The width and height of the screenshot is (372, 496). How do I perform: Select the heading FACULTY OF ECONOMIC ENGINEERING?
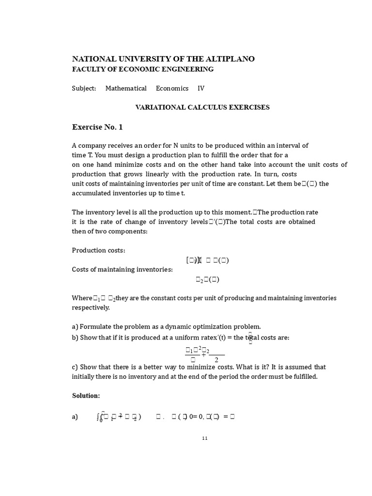[x=143, y=69]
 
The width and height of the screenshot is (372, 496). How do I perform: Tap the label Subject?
[x=84, y=88]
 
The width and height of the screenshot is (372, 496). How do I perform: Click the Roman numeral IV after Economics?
[x=201, y=88]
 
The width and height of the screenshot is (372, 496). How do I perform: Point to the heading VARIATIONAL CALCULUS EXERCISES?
[x=202, y=107]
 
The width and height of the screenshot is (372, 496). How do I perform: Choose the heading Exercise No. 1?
[x=97, y=127]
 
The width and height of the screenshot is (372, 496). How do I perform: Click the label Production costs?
[x=98, y=250]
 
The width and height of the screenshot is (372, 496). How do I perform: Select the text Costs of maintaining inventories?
[x=122, y=269]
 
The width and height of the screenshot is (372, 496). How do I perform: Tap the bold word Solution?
[x=86, y=396]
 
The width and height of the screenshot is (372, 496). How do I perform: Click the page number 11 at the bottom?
[x=205, y=438]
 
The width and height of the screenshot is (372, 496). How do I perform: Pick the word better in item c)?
[x=155, y=367]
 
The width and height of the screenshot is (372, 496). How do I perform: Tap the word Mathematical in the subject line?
[x=126, y=88]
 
